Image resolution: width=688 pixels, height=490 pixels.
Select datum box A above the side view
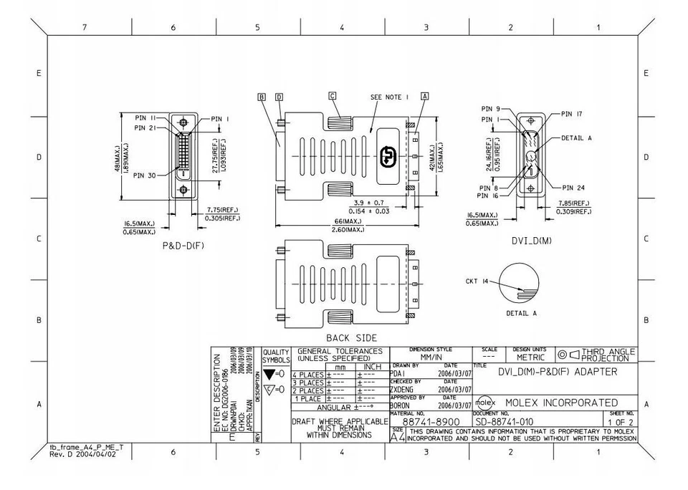pos(425,95)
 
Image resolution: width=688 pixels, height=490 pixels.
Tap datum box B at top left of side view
pos(262,96)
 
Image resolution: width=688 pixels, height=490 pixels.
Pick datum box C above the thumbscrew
pos(332,95)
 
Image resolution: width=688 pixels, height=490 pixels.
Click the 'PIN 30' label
pos(144,176)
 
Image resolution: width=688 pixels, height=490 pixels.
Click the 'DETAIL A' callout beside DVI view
pos(576,137)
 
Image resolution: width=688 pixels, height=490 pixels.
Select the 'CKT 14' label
pos(477,282)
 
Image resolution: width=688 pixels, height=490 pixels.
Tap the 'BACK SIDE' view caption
pos(351,337)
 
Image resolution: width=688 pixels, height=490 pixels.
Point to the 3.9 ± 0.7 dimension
pos(368,204)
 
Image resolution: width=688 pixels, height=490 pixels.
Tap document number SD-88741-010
pos(504,423)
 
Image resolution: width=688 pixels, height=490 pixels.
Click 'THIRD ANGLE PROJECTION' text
pos(608,355)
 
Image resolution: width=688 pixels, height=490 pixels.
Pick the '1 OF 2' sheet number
pos(621,423)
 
